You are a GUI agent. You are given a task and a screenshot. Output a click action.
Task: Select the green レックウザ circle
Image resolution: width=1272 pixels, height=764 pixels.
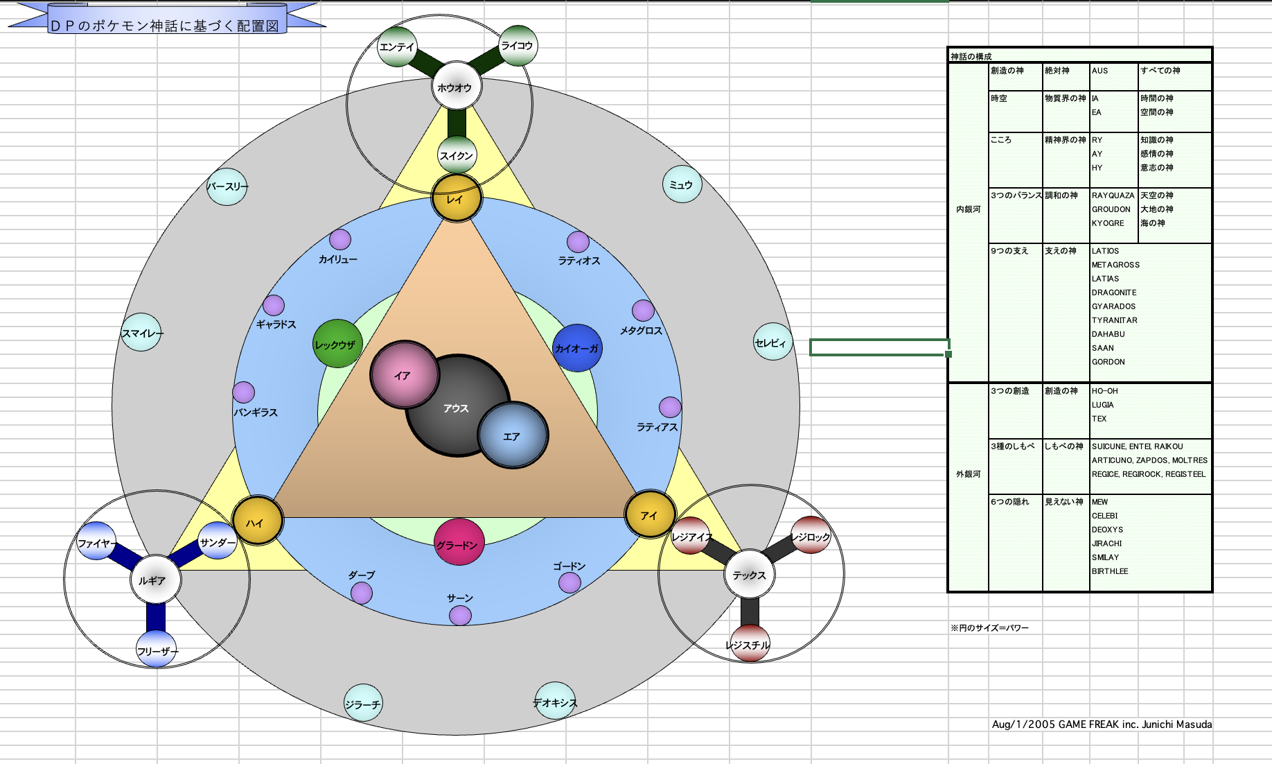coord(337,343)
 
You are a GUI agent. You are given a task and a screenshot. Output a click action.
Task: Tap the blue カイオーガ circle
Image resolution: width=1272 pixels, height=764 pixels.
coord(577,348)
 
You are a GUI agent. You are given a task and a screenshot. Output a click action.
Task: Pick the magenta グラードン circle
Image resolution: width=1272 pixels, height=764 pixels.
coord(459,542)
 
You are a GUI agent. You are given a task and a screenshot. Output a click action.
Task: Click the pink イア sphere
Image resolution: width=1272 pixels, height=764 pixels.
coord(405,374)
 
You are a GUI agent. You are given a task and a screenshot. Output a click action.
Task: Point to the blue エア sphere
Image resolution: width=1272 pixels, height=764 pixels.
coord(513,435)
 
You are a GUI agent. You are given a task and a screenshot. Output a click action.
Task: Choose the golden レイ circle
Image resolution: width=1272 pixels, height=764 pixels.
coord(457,198)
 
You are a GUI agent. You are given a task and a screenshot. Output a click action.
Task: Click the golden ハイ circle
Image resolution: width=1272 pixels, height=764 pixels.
coord(257,521)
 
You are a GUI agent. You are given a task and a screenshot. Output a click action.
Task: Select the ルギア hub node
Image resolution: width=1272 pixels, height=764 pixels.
coord(156,580)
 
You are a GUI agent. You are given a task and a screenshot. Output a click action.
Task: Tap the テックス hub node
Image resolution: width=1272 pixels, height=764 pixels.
coord(750,574)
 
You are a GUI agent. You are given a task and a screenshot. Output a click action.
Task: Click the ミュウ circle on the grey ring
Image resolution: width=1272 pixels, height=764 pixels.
coord(682,184)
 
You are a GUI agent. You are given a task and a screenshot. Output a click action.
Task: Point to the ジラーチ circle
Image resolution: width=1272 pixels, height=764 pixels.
coord(363,703)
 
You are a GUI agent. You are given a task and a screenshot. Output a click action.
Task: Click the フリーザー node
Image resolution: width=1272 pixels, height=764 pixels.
coord(157,649)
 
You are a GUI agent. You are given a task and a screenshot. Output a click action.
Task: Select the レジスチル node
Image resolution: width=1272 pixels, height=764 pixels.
coord(750,643)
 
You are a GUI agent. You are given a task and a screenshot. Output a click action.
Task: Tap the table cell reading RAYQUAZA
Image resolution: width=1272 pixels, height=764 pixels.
coord(1113,196)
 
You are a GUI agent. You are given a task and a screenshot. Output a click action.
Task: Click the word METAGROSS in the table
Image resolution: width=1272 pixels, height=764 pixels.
coord(1115,265)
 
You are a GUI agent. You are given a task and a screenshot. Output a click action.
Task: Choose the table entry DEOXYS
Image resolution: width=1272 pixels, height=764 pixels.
coord(1107,530)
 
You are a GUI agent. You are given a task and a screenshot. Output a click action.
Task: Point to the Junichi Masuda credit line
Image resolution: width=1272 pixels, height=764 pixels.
coord(1102,724)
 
